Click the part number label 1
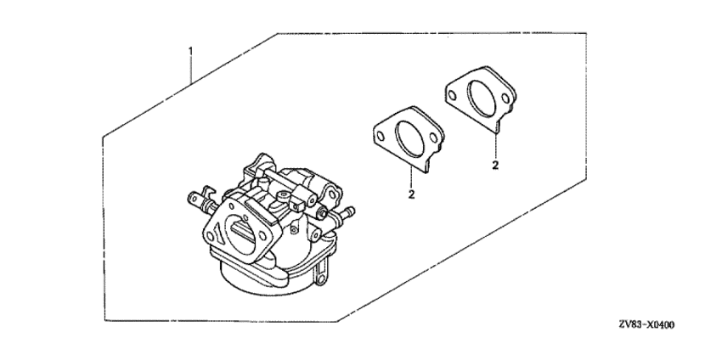[191, 51]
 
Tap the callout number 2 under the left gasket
[411, 194]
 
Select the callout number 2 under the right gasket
[495, 165]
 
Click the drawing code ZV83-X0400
[646, 325]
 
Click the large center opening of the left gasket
[408, 138]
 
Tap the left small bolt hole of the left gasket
[381, 136]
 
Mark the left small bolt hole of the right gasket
[453, 96]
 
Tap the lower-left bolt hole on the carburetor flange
[211, 237]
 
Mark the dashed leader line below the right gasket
[496, 146]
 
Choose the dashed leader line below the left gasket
[411, 179]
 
